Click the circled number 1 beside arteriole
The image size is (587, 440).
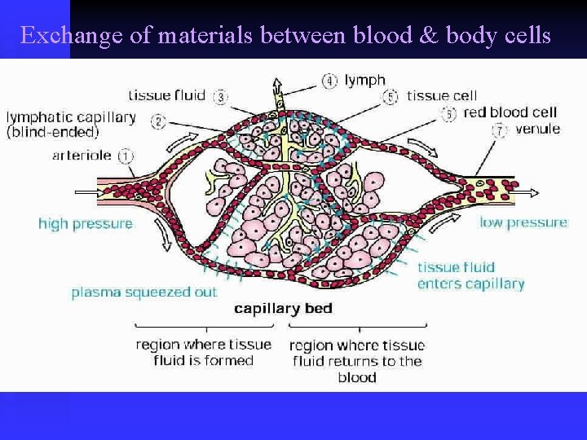pos(126,155)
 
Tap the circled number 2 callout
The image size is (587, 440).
pos(158,122)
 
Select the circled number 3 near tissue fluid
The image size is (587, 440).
pos(220,97)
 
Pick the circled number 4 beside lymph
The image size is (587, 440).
pos(329,81)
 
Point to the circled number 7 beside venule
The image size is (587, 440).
pos(499,130)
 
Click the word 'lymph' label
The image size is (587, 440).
pos(364,80)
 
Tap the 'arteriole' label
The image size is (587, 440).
pos(82,155)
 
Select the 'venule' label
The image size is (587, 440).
pos(538,129)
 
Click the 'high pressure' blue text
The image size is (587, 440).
pos(85,223)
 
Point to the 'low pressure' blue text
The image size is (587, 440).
pos(523,222)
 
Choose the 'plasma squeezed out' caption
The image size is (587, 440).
pos(143,292)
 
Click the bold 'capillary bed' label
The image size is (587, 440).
pos(283,309)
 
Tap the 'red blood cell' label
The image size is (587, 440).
pos(510,112)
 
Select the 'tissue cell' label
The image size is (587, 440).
pos(442,96)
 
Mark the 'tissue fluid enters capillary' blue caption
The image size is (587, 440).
pos(470,275)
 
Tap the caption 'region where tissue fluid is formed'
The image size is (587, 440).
pos(203,352)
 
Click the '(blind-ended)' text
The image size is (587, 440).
pos(53,132)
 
